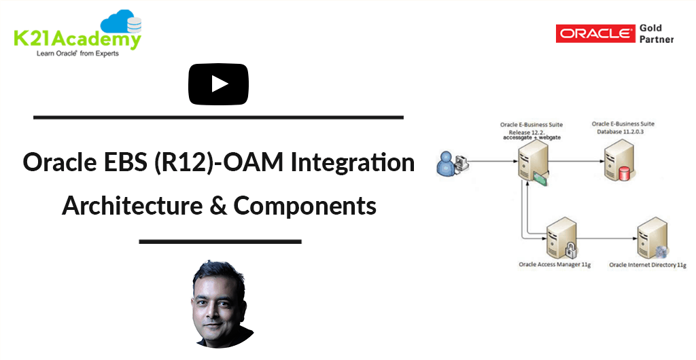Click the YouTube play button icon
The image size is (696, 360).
click(x=218, y=84)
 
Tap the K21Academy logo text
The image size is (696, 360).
click(x=77, y=39)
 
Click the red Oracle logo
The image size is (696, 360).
click(x=595, y=34)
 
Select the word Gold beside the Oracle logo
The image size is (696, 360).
click(x=650, y=28)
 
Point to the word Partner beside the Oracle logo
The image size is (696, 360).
click(x=657, y=39)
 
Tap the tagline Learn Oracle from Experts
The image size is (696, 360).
click(x=77, y=54)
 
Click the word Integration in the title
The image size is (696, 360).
click(x=353, y=163)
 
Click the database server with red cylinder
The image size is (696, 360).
click(x=619, y=160)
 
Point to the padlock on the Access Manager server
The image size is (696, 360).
click(x=570, y=250)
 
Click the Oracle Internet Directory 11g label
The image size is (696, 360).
click(x=648, y=265)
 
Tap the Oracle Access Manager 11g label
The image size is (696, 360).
click(x=555, y=265)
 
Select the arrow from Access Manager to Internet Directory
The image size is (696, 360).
click(x=607, y=238)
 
